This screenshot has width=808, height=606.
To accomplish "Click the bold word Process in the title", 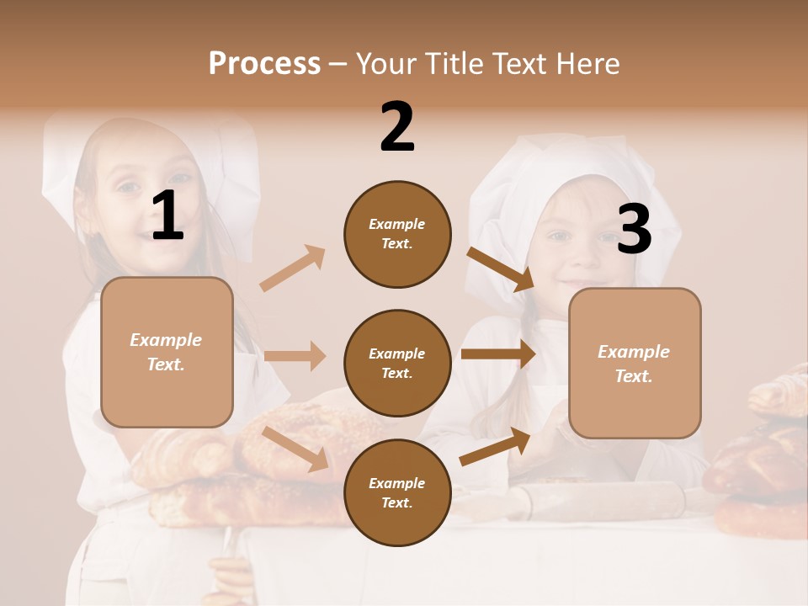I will tap(264, 63).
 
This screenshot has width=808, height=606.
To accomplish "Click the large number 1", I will tap(167, 216).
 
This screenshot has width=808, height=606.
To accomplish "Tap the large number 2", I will tap(397, 127).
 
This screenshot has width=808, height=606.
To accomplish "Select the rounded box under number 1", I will tap(167, 352).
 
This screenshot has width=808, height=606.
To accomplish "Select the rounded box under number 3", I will tap(635, 363).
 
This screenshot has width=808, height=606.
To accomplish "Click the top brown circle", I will tap(397, 234).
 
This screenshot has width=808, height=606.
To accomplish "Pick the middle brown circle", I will tap(397, 363).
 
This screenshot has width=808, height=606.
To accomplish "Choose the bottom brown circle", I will tap(397, 492).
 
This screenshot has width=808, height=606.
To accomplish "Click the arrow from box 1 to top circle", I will tap(293, 268).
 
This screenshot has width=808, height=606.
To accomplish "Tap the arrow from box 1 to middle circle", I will tap(295, 355).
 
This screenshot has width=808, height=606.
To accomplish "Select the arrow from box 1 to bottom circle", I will tap(295, 448).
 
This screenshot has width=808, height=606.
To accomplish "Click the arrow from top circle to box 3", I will tap(501, 269).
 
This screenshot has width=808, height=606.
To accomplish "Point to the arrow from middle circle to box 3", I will tap(498, 353).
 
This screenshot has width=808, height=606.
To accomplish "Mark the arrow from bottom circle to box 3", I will tap(496, 446).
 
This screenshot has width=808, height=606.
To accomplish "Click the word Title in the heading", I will tap(455, 63).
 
